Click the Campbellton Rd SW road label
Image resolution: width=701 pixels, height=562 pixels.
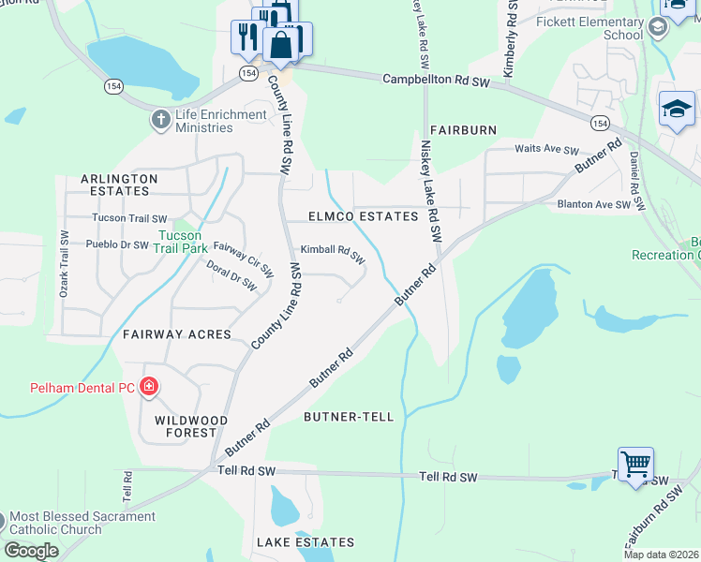click(x=437, y=81)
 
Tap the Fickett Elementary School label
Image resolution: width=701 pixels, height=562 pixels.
click(x=610, y=28)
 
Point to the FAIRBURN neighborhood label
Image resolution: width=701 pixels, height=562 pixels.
click(x=463, y=129)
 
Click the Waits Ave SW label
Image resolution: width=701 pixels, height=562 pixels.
click(x=547, y=150)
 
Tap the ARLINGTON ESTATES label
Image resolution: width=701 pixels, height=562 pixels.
click(x=115, y=184)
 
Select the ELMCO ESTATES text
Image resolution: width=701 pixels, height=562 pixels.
click(x=364, y=216)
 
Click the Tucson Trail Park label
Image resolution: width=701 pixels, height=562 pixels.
click(x=182, y=243)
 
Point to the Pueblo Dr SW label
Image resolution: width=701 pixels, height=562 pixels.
click(x=117, y=244)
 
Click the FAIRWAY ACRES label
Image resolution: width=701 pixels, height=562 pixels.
click(x=176, y=333)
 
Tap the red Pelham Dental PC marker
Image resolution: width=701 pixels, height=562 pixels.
click(x=148, y=386)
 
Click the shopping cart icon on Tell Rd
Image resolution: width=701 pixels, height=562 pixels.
click(x=635, y=464)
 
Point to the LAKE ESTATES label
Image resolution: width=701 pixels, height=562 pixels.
click(x=305, y=542)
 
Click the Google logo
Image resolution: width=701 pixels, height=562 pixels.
click(x=32, y=551)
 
